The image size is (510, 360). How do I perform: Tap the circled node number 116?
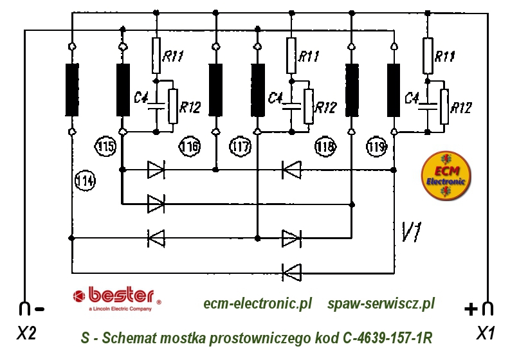[190, 147]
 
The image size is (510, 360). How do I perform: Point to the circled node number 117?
[239, 147]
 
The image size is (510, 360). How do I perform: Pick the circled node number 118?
[325, 147]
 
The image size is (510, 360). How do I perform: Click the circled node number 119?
[377, 147]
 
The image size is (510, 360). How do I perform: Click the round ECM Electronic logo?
[446, 175]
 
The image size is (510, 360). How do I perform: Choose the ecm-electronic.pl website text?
[257, 303]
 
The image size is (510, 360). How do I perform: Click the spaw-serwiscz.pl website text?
[381, 303]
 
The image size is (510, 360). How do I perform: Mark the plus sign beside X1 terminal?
[470, 309]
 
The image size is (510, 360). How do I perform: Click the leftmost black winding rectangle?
[71, 89]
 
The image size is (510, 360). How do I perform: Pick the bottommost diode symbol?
[292, 271]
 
